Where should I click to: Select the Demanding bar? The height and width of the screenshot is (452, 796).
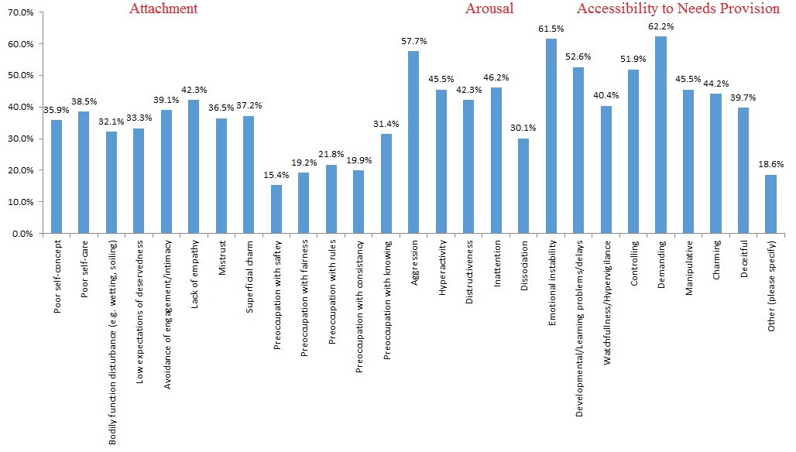(x=660, y=135)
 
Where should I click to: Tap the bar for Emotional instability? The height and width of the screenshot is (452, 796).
(x=551, y=136)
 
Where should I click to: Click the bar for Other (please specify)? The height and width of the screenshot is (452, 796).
(x=770, y=204)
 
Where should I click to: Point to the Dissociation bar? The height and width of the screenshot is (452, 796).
(x=523, y=186)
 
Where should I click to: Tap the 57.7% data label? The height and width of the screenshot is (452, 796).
(x=413, y=42)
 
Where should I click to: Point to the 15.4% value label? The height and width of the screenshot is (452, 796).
(x=276, y=176)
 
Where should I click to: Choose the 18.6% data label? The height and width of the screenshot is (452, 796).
(x=770, y=165)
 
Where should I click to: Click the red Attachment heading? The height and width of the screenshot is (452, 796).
(x=163, y=9)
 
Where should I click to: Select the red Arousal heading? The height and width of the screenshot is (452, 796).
(x=489, y=9)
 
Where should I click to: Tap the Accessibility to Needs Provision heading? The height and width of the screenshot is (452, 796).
(x=678, y=9)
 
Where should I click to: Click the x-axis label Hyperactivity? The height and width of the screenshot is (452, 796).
(x=441, y=272)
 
